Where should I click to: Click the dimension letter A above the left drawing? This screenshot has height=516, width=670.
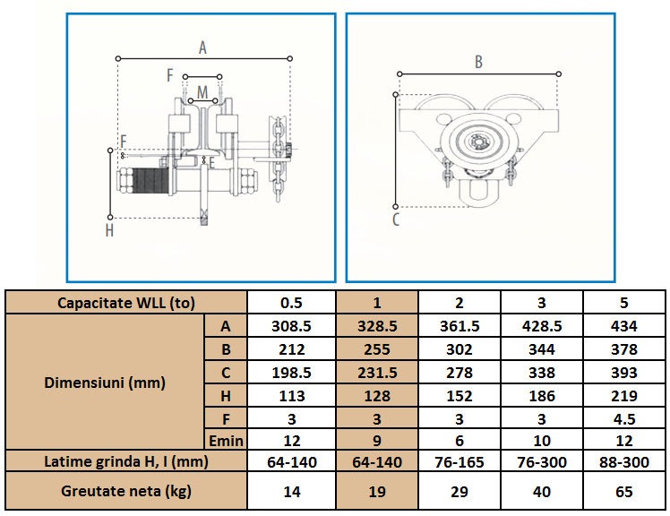pyautogui.click(x=202, y=47)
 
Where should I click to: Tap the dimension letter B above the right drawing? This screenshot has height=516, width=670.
pyautogui.click(x=478, y=63)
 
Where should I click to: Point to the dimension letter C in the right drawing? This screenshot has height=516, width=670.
pyautogui.click(x=396, y=219)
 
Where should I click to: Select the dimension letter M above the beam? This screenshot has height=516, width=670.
pyautogui.click(x=202, y=92)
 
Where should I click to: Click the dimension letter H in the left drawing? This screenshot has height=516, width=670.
pyautogui.click(x=109, y=231)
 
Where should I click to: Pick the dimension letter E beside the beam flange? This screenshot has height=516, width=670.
pyautogui.click(x=211, y=163)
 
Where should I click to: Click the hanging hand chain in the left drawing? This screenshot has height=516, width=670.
pyautogui.click(x=278, y=159)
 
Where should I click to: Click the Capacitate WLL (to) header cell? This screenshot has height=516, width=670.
pyautogui.click(x=126, y=303)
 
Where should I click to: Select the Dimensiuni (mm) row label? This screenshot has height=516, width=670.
pyautogui.click(x=105, y=383)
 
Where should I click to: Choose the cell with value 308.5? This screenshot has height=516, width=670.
pyautogui.click(x=291, y=326)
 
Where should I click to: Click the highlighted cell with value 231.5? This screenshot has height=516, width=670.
pyautogui.click(x=377, y=373)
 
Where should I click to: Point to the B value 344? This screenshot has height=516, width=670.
pyautogui.click(x=541, y=349)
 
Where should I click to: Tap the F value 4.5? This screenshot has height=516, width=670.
pyautogui.click(x=623, y=419)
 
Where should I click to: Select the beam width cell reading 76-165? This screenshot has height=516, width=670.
pyautogui.click(x=460, y=461)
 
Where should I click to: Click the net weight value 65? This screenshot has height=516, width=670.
pyautogui.click(x=623, y=491)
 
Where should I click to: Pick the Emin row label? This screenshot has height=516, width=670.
pyautogui.click(x=226, y=441)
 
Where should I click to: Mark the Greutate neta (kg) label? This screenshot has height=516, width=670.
pyautogui.click(x=126, y=491)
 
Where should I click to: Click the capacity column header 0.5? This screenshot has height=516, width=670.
pyautogui.click(x=291, y=303)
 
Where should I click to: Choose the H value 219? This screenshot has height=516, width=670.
pyautogui.click(x=623, y=396)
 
